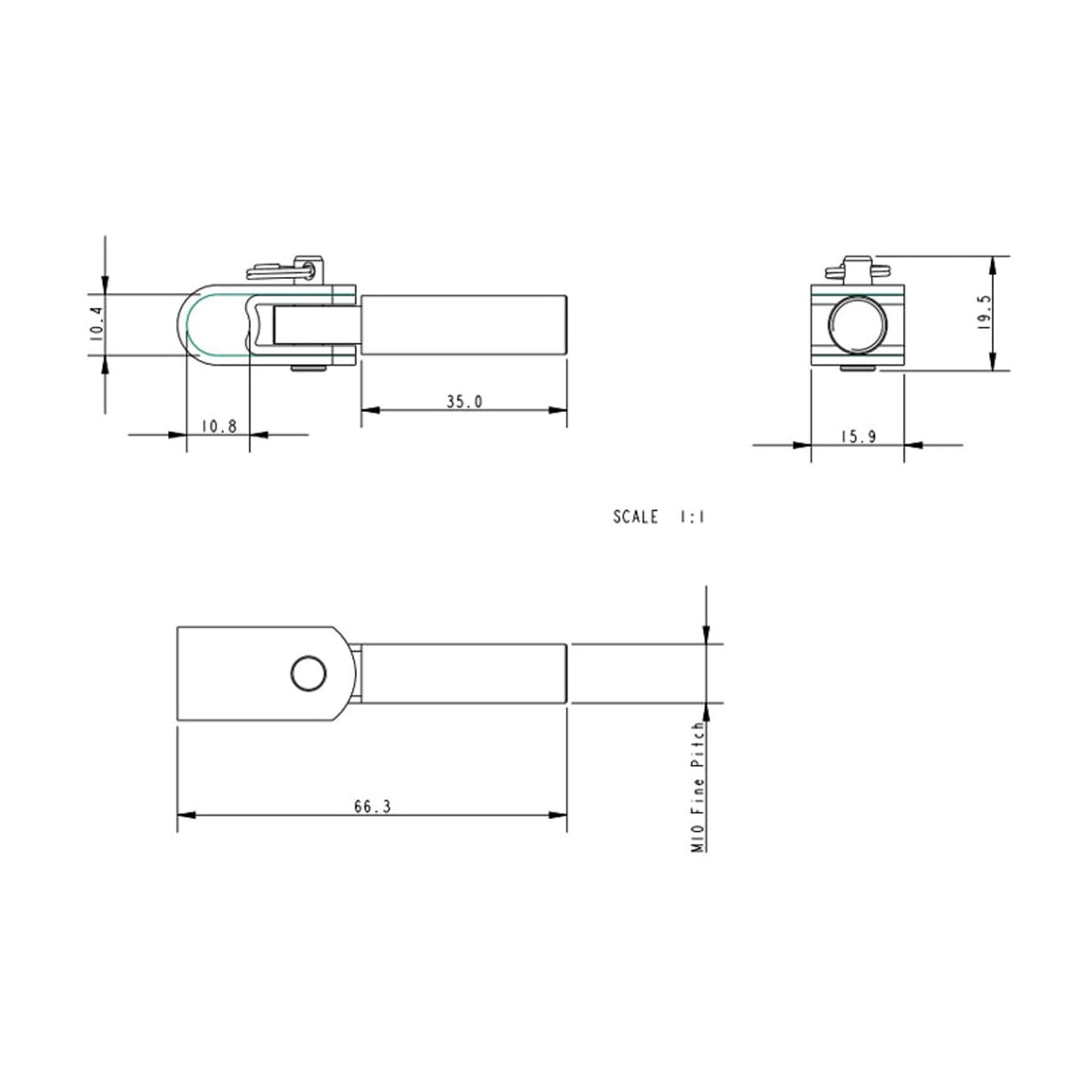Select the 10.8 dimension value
pos(218,425)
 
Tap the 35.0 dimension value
pos(463,401)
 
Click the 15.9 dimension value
pos(857,436)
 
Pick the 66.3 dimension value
pos(372,806)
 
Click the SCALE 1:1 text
pos(659,516)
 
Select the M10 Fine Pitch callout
pos(698,786)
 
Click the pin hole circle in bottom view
pos(308,675)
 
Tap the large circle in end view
pos(857,324)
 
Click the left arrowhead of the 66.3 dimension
pos(183,815)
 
